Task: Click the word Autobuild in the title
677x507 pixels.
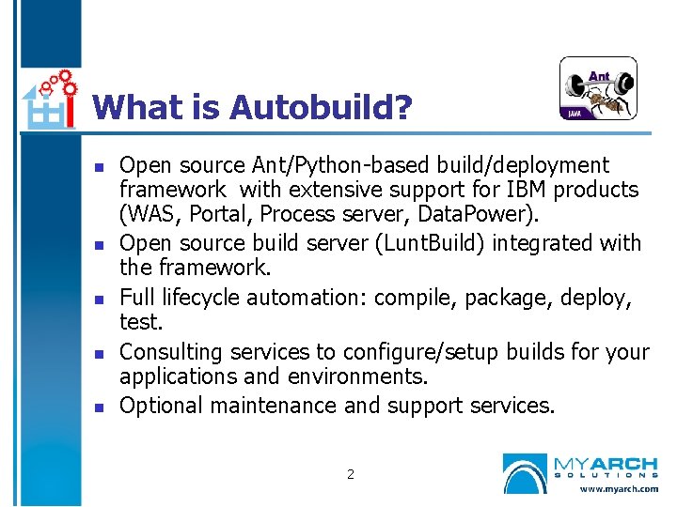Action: pos(321,107)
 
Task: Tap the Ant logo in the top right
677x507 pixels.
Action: pos(598,89)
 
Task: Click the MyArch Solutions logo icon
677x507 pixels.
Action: pos(525,473)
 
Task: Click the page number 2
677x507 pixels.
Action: pos(351,474)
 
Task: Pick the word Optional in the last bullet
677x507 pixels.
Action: pos(162,406)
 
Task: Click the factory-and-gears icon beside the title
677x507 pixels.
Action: pos(49,99)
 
